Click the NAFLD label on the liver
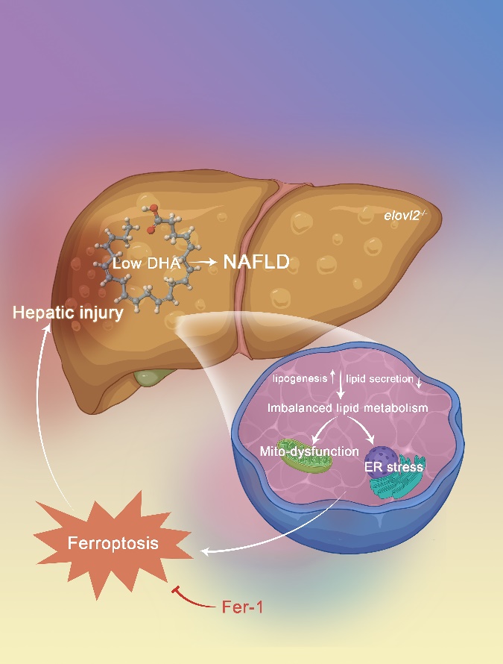(256, 263)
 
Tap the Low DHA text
(148, 264)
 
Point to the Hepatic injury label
(68, 313)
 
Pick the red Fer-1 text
(243, 607)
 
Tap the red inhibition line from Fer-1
(192, 597)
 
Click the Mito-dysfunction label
(309, 451)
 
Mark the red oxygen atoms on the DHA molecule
(153, 210)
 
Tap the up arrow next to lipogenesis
(332, 378)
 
